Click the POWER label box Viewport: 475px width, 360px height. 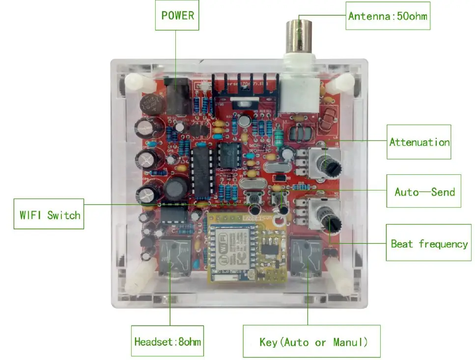click(177, 15)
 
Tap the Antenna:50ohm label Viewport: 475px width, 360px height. click(388, 16)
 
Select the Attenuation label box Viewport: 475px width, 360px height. click(419, 142)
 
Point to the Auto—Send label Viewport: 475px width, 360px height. click(424, 191)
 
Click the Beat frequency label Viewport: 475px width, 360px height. click(428, 243)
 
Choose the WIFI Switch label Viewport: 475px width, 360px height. click(49, 214)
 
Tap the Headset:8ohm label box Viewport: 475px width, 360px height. click(168, 341)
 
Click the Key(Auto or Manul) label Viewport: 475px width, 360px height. click(312, 341)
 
